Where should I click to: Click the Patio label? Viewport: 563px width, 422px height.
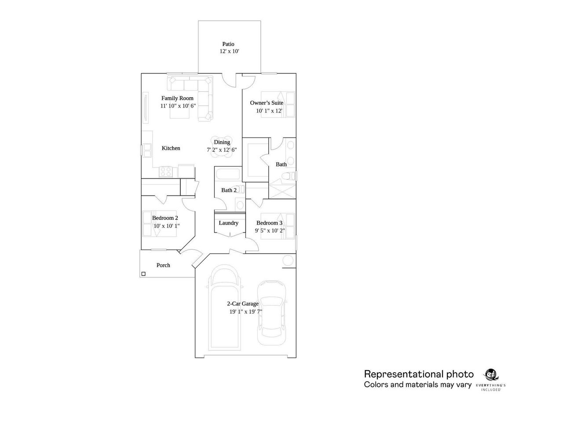(228, 44)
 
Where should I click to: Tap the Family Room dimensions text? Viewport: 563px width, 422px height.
(178, 106)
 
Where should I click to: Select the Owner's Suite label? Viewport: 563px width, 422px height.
(267, 103)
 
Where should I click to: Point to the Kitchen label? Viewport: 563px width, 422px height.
(171, 148)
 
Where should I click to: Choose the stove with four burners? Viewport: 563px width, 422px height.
(165, 171)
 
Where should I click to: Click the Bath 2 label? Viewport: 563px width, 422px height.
(229, 190)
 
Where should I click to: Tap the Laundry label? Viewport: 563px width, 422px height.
(228, 223)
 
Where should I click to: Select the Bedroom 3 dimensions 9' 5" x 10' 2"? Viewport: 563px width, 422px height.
(270, 230)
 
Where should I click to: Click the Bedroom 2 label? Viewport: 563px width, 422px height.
(165, 218)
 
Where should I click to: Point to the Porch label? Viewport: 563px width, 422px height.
(163, 265)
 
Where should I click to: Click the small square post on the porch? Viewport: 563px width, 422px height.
(143, 274)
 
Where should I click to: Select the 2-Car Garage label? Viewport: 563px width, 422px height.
(242, 304)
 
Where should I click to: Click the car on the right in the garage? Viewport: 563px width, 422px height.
(271, 313)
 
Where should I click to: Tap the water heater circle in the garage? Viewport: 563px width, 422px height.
(288, 260)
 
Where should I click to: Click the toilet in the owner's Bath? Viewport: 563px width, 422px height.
(288, 176)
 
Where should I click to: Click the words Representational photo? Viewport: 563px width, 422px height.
(419, 374)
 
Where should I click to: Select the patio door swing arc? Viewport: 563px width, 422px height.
(229, 80)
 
